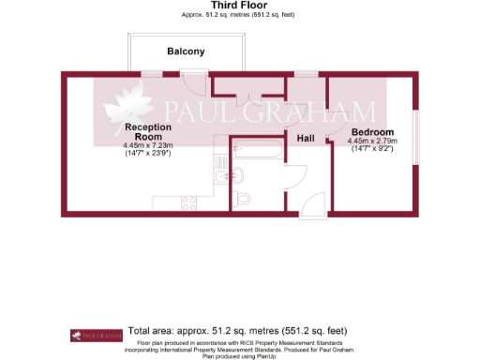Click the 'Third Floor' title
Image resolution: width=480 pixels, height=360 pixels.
(x=240, y=5)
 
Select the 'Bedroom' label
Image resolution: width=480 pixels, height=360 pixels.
(x=372, y=132)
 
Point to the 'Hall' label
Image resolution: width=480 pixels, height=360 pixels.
(x=306, y=139)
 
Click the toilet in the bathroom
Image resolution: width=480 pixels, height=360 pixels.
(x=242, y=198)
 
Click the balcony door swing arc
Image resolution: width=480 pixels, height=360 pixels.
(x=192, y=82)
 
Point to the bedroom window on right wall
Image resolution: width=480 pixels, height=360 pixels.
(x=416, y=130)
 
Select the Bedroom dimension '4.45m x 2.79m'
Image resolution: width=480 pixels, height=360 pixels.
(x=373, y=142)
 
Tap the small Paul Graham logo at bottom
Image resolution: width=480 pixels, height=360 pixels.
(x=97, y=334)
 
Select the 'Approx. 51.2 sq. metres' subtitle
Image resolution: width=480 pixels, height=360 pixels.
(x=240, y=15)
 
